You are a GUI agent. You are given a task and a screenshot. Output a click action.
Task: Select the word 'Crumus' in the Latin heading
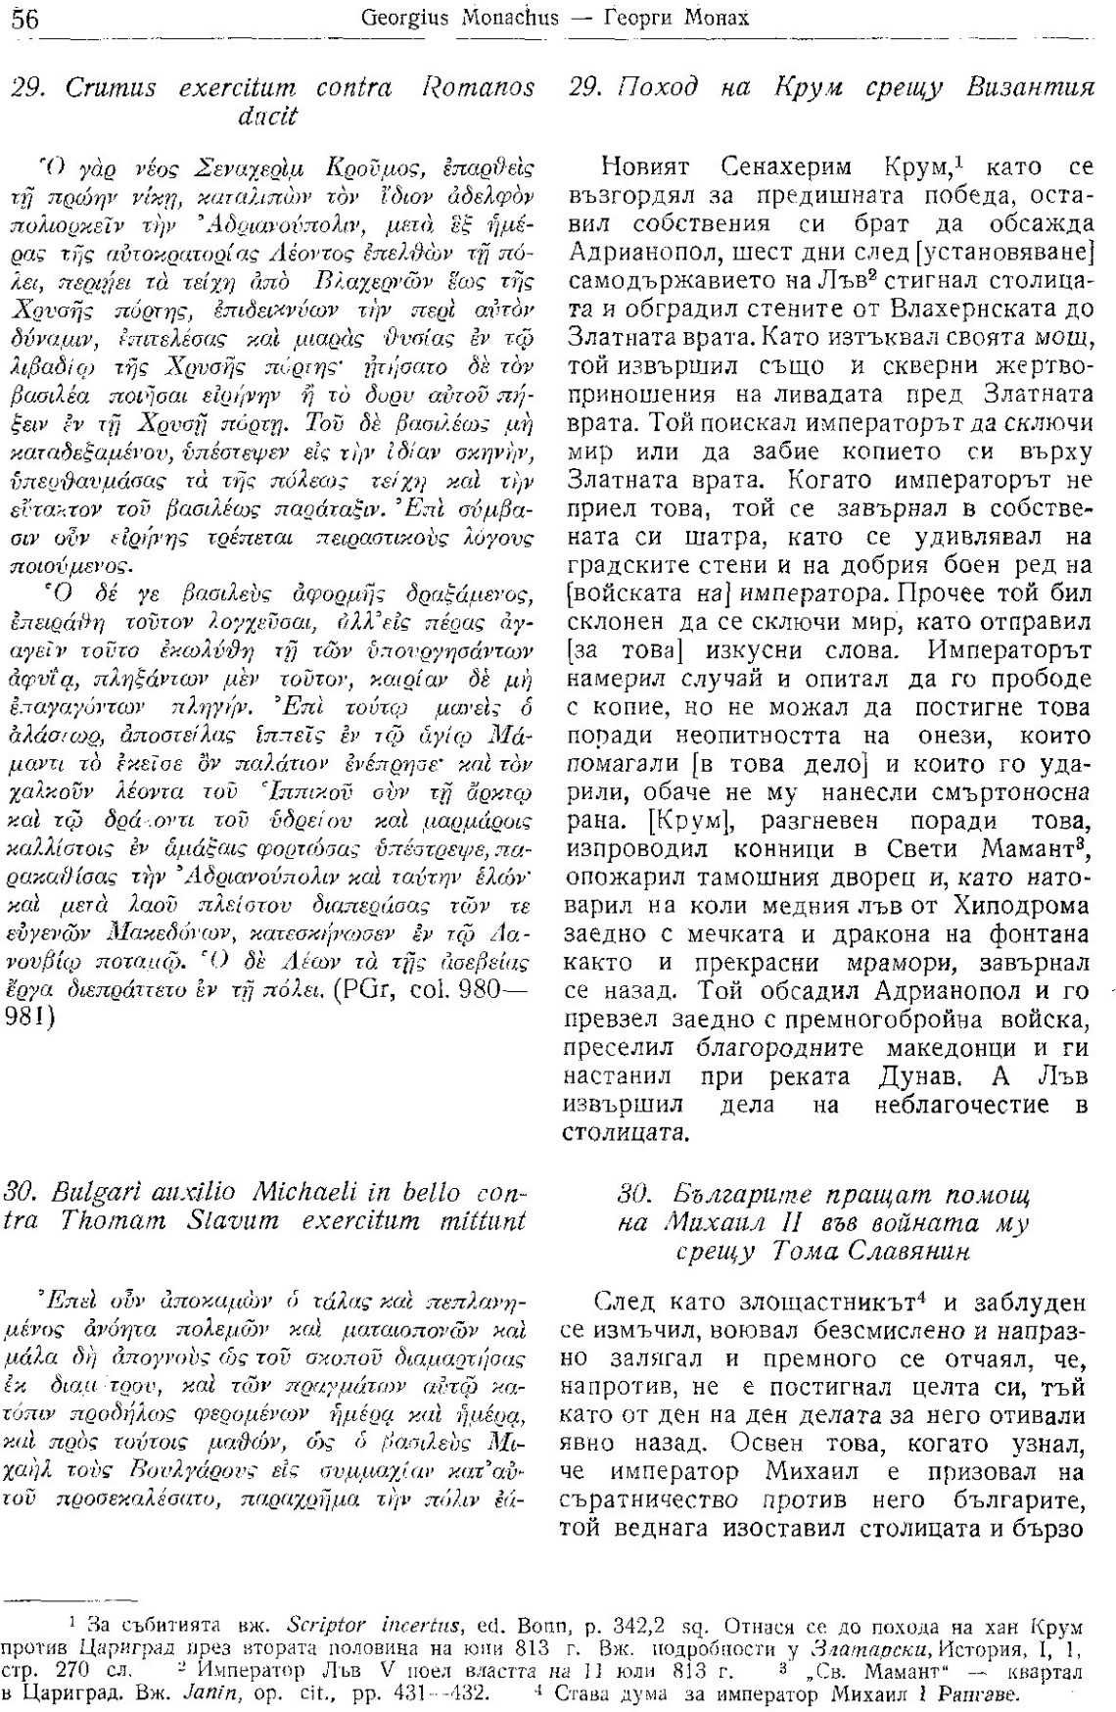point(107,87)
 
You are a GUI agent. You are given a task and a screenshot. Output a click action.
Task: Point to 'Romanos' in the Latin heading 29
point(479,87)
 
